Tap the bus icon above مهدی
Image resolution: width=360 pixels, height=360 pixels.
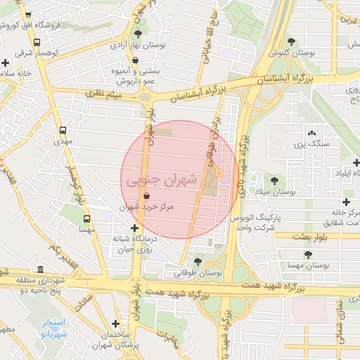[64, 130]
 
